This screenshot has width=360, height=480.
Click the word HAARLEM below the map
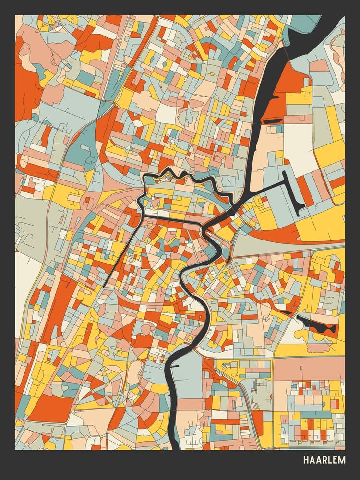pyautogui.click(x=324, y=460)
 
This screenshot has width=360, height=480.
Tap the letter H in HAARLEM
pyautogui.click(x=306, y=460)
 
